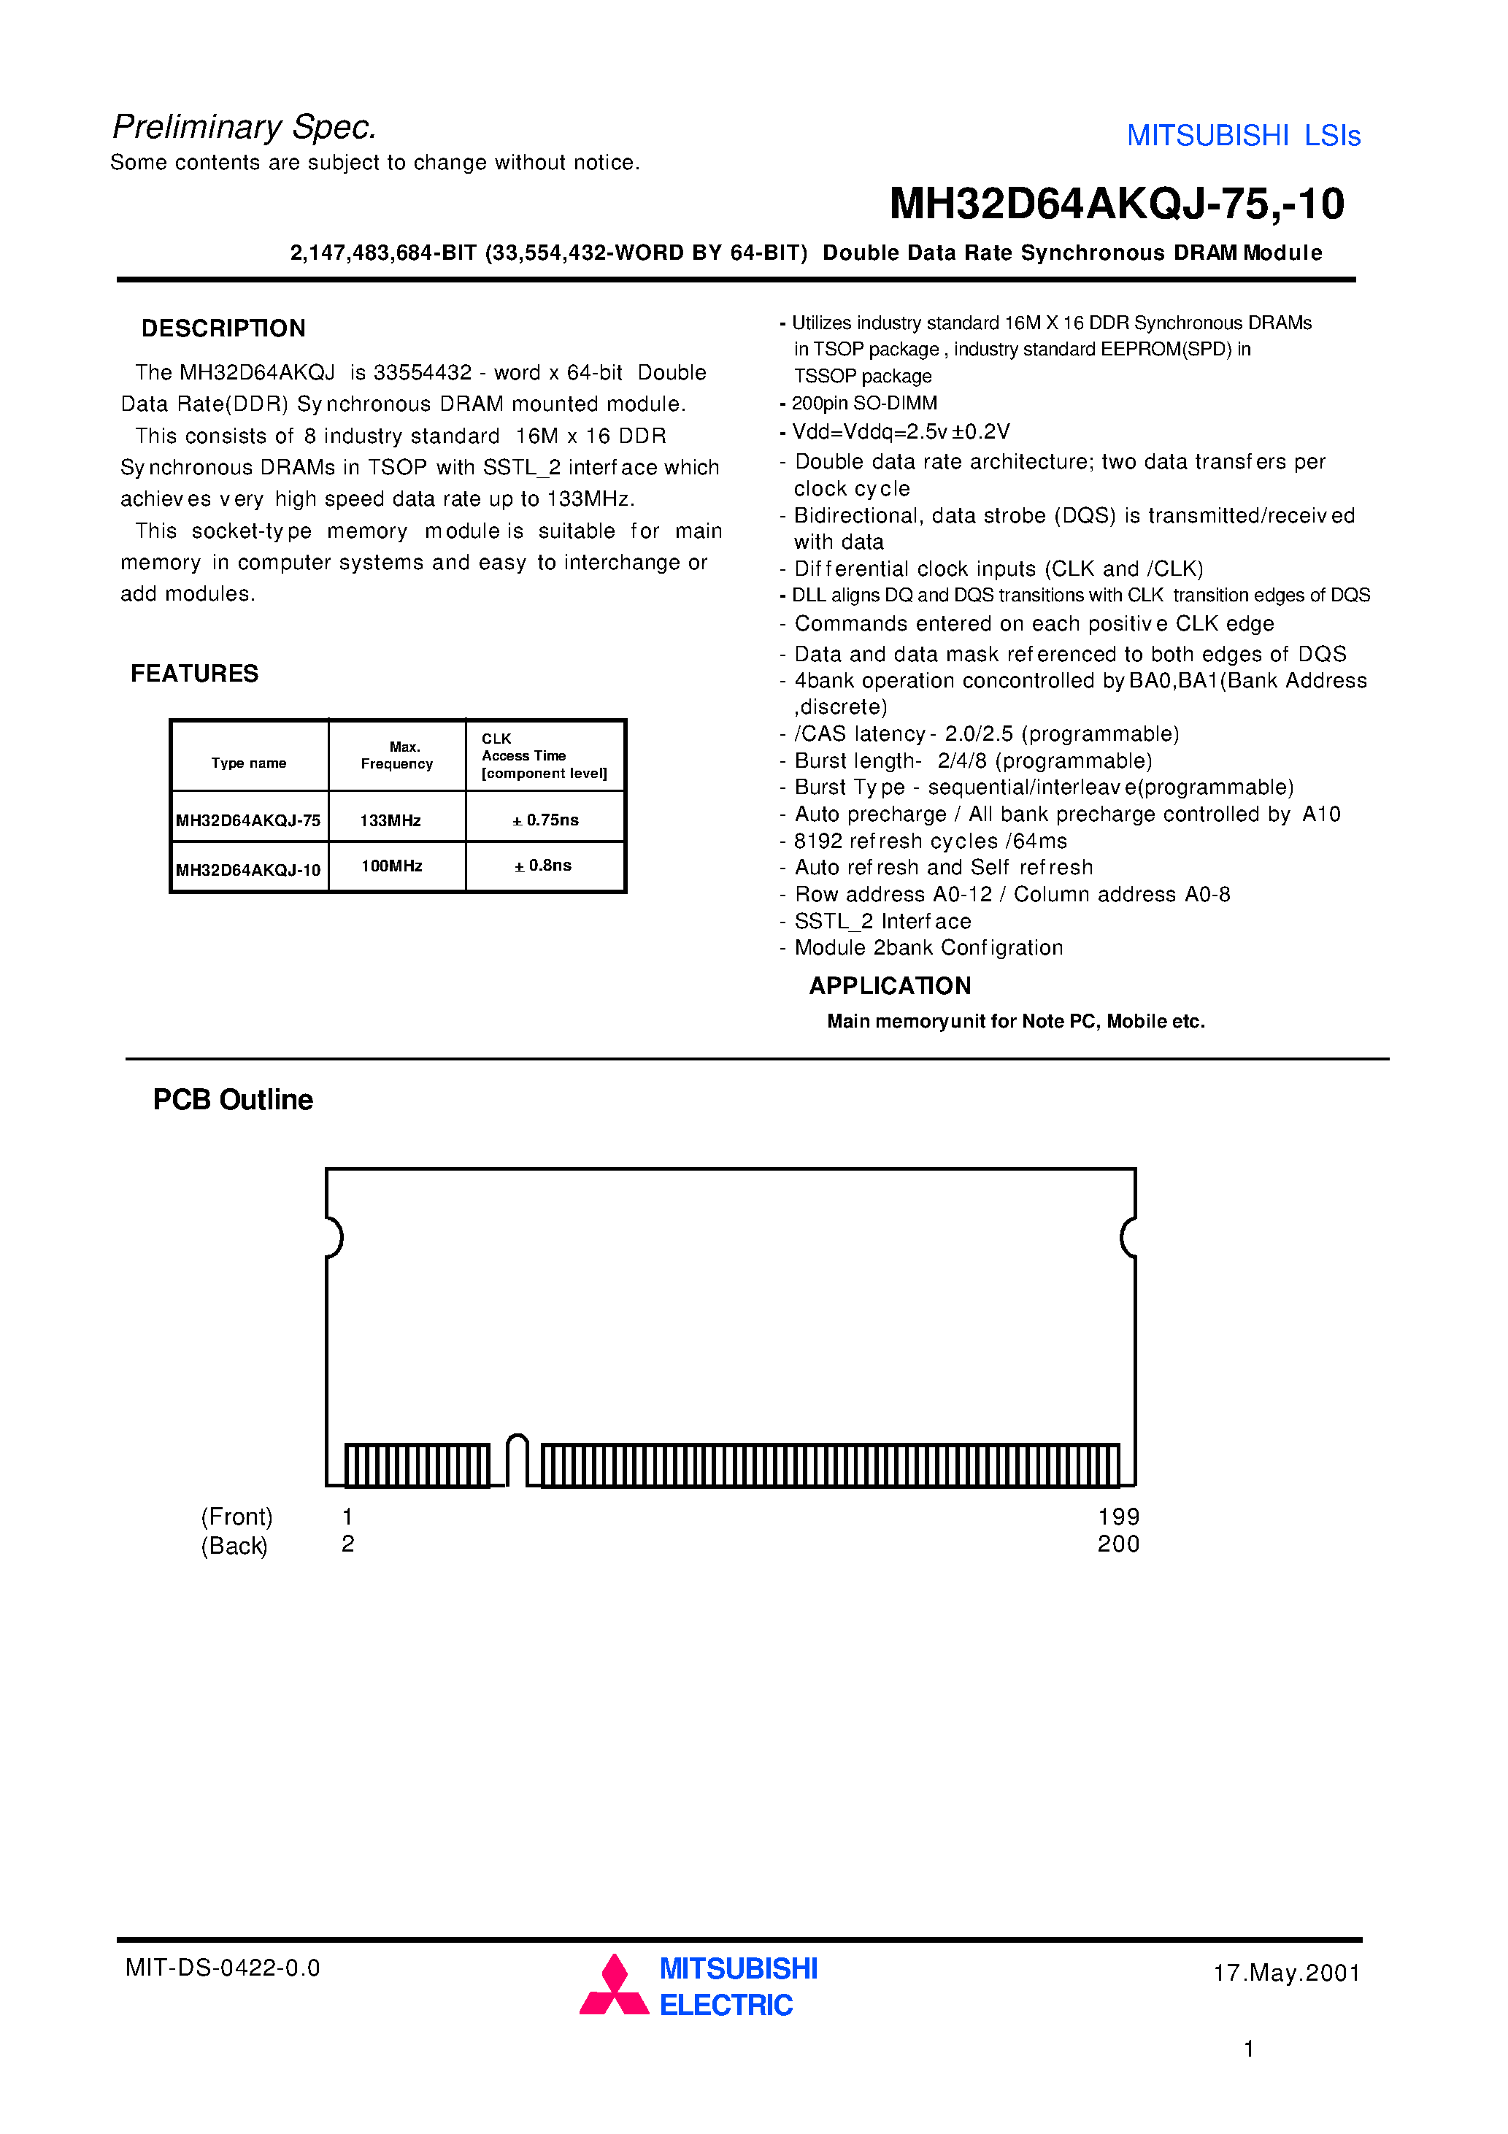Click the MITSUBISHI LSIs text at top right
pyautogui.click(x=1243, y=136)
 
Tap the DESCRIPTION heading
pyautogui.click(x=223, y=328)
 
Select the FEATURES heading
pyautogui.click(x=194, y=673)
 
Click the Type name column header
pyautogui.click(x=248, y=763)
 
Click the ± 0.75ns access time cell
pyautogui.click(x=546, y=820)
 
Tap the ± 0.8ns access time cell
pyautogui.click(x=543, y=866)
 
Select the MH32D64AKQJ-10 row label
pyautogui.click(x=248, y=870)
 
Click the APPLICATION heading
pyautogui.click(x=890, y=985)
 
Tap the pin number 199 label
pyautogui.click(x=1118, y=1517)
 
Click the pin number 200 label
pyautogui.click(x=1118, y=1544)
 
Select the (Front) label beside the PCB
pyautogui.click(x=237, y=1517)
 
